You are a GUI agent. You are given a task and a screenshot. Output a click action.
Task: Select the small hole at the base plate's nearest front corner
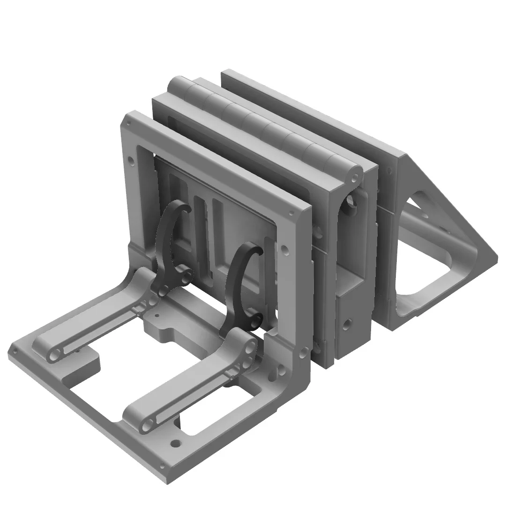click(162, 467)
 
